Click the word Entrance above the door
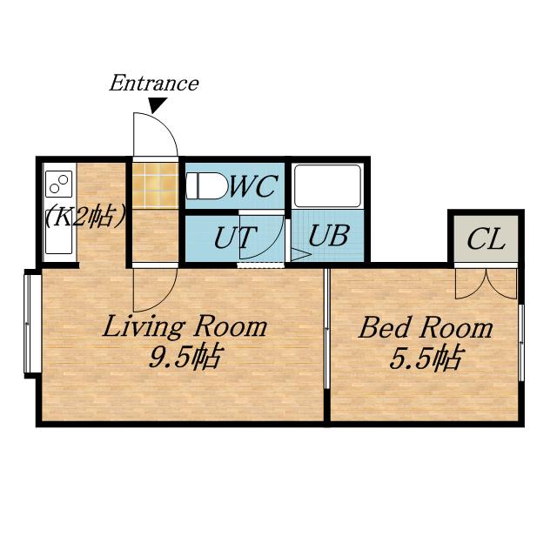click(154, 84)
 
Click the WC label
click(253, 185)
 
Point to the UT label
click(235, 238)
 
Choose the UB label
click(328, 235)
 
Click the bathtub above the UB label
click(327, 185)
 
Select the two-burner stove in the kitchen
click(58, 184)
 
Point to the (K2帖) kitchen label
click(85, 217)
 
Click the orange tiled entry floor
click(155, 185)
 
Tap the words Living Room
click(185, 326)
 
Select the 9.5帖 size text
click(185, 356)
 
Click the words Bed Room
click(426, 327)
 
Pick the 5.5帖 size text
click(426, 357)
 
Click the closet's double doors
click(486, 284)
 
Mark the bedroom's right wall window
click(521, 342)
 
